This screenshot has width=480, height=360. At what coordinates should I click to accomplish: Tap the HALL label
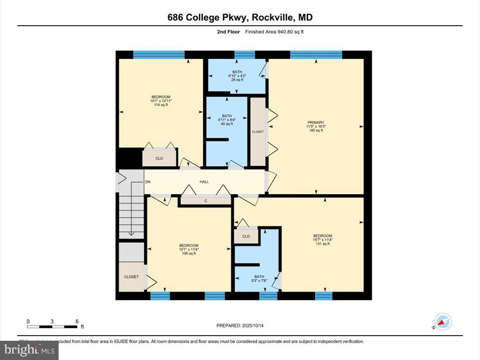[204, 182]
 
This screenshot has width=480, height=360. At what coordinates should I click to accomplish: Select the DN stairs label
[148, 182]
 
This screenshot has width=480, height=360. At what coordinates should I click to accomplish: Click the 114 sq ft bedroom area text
[161, 105]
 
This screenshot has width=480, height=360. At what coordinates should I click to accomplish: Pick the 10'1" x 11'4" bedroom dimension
[188, 249]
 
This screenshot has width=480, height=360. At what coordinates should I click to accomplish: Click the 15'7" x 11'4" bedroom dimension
[322, 240]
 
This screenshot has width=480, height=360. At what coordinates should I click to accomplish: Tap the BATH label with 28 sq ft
[237, 72]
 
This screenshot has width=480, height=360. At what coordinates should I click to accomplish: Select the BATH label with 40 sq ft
[226, 116]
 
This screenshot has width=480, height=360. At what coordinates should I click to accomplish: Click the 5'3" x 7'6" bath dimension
[259, 281]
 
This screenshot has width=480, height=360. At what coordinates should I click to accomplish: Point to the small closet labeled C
[205, 201]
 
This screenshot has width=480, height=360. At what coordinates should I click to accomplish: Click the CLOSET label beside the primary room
[258, 132]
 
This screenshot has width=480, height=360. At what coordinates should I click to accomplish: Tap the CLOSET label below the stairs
[131, 277]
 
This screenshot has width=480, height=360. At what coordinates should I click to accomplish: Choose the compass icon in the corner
[442, 322]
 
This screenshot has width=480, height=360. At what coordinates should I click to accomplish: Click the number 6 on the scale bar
[77, 321]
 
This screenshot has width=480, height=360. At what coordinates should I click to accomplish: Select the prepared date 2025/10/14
[257, 325]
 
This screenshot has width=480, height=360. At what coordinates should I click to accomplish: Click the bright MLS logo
[29, 350]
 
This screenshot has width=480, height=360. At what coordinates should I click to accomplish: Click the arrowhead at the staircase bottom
[131, 233]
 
